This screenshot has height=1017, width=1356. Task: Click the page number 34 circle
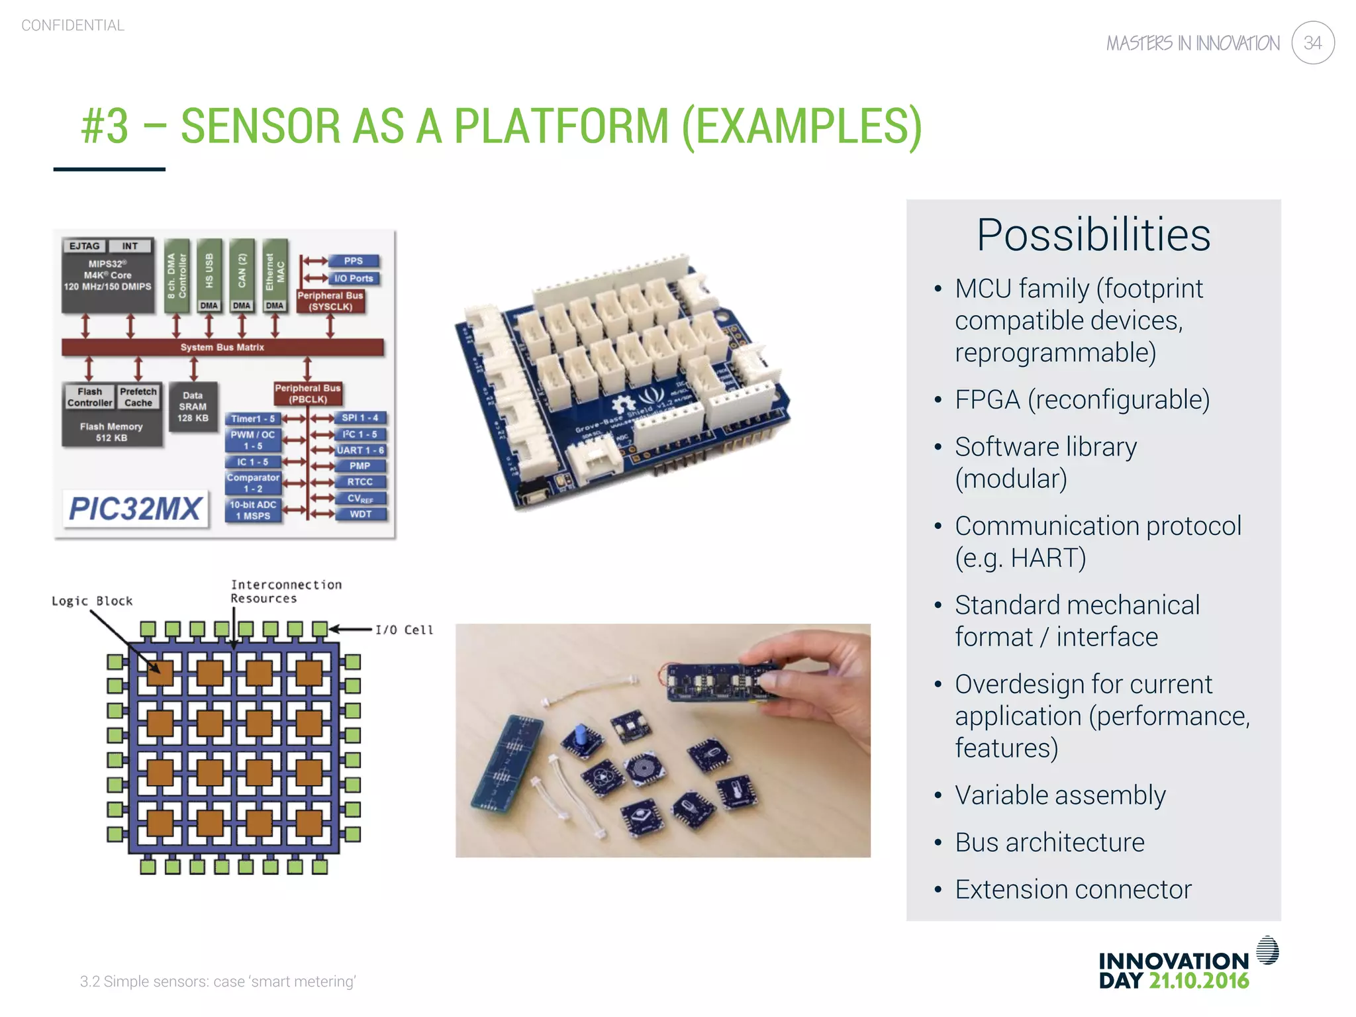tap(1312, 43)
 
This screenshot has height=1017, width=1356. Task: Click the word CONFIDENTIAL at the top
tap(73, 26)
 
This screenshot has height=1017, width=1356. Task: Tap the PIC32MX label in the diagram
tap(135, 508)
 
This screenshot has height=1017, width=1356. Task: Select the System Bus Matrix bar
tap(222, 347)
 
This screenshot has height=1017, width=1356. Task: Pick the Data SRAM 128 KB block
tap(193, 407)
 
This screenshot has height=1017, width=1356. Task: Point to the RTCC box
tap(360, 482)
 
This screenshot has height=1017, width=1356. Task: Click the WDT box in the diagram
tap(360, 514)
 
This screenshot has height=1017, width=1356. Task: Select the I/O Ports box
tap(354, 278)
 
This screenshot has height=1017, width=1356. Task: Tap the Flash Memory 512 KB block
tap(111, 432)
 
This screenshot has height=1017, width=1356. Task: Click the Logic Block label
tap(92, 601)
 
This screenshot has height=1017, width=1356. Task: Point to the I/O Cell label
tap(404, 630)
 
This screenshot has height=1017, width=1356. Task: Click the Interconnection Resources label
tap(286, 591)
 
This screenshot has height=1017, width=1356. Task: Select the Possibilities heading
tap(1093, 235)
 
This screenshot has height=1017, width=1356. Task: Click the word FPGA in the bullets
tap(987, 400)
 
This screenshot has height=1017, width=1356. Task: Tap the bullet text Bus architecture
tap(1049, 842)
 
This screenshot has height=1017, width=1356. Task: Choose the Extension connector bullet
tap(1073, 889)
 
